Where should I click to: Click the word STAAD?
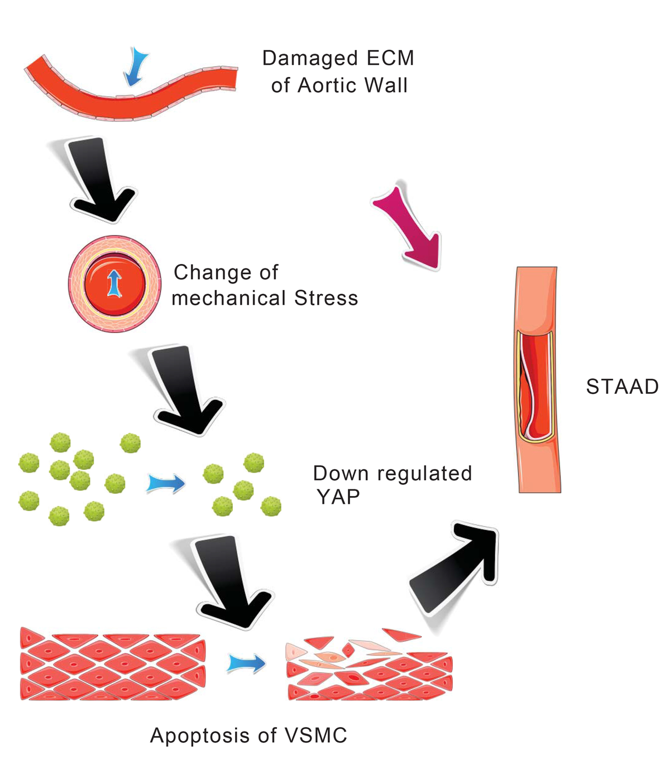[622, 387]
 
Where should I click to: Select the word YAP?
[338, 496]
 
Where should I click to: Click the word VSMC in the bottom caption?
[315, 735]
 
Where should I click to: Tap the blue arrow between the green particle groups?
[166, 483]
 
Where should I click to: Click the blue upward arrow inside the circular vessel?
[114, 283]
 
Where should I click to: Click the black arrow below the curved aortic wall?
[100, 179]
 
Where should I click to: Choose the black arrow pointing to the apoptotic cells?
[232, 580]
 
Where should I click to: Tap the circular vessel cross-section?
[114, 283]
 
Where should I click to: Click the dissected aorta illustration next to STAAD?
[537, 379]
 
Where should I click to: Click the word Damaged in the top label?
[310, 58]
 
